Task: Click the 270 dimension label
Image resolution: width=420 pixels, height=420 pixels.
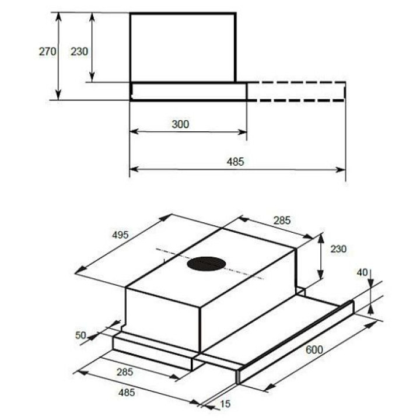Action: tap(48, 51)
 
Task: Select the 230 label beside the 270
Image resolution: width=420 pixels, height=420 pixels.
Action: tap(79, 51)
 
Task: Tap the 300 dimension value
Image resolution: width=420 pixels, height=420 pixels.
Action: tap(180, 124)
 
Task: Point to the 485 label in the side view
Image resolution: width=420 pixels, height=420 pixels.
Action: tap(236, 162)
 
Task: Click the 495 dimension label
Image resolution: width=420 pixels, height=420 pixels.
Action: tap(120, 235)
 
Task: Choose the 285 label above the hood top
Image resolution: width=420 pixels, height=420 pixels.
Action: tap(282, 220)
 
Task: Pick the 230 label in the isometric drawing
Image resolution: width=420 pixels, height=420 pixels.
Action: tap(338, 249)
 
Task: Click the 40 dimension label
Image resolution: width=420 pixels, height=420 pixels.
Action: tap(362, 272)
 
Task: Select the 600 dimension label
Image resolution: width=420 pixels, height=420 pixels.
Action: tap(314, 349)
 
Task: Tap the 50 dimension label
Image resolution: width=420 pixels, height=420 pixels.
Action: tap(80, 335)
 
